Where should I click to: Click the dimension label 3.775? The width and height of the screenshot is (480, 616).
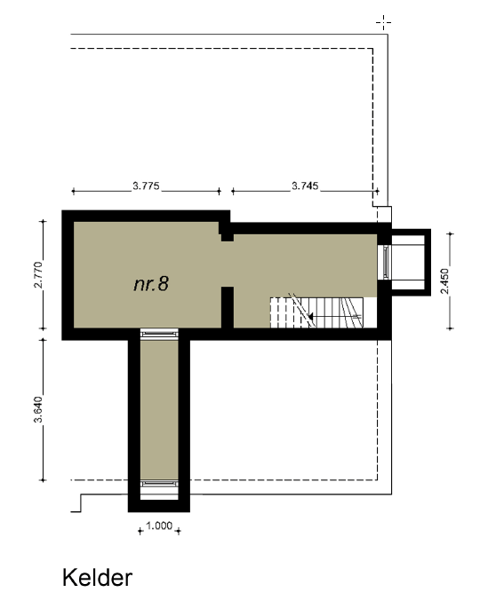click(x=146, y=186)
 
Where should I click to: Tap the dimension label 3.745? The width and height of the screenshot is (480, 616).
click(x=305, y=186)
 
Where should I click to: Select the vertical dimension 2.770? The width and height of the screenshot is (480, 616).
click(x=38, y=275)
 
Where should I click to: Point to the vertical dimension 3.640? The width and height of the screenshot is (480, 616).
click(x=38, y=409)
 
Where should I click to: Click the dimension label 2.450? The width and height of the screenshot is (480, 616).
click(x=444, y=280)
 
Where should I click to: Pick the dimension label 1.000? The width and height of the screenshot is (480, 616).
click(x=159, y=525)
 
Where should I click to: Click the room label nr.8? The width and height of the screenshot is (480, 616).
click(x=151, y=284)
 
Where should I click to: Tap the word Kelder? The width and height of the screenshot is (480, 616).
click(x=97, y=578)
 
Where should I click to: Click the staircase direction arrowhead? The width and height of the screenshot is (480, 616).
click(x=310, y=316)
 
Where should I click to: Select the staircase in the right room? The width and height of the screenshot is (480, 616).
click(x=316, y=312)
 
